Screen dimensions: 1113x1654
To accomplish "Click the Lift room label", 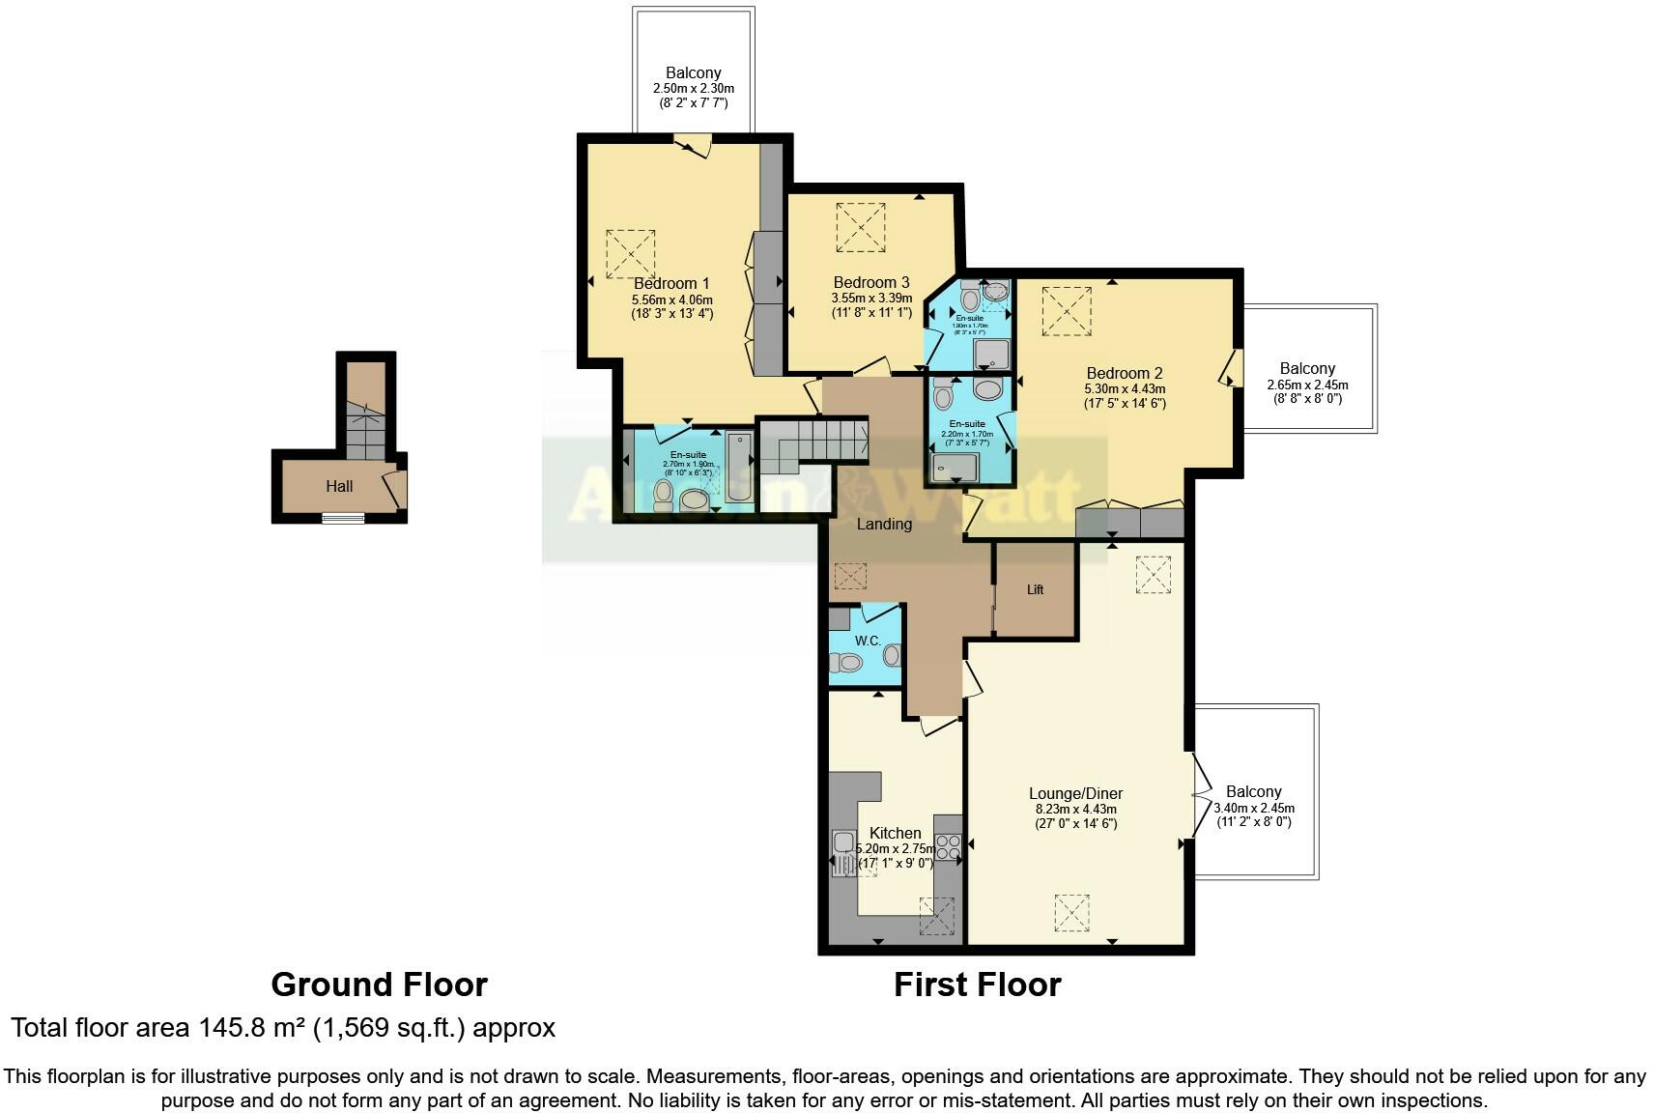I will click(x=1035, y=589).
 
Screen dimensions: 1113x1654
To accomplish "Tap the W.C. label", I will click(x=867, y=642).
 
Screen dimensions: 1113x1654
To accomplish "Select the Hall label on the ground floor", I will click(x=339, y=486).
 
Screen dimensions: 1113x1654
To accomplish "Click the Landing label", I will click(x=884, y=524).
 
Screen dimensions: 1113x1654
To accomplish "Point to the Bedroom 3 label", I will click(x=870, y=282).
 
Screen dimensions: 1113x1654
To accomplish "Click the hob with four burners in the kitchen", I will click(x=948, y=847).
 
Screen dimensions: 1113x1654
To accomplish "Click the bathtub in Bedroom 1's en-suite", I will click(x=739, y=468).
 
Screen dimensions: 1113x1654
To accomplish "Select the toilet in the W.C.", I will click(x=847, y=663).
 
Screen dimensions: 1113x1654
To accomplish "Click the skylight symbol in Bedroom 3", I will click(x=860, y=227).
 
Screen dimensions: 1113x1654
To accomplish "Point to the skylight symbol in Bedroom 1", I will click(x=630, y=254).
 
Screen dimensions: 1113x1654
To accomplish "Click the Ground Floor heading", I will click(x=379, y=985).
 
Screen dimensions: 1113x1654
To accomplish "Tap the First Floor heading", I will click(x=977, y=985).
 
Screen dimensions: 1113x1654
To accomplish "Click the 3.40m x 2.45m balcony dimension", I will click(x=1254, y=808).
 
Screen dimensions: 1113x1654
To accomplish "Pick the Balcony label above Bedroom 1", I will click(x=693, y=73).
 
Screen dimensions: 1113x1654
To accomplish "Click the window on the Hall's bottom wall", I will click(x=343, y=519).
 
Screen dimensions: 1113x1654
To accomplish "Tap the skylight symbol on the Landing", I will click(x=850, y=577).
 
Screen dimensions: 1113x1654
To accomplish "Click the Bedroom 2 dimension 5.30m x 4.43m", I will click(x=1125, y=389).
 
